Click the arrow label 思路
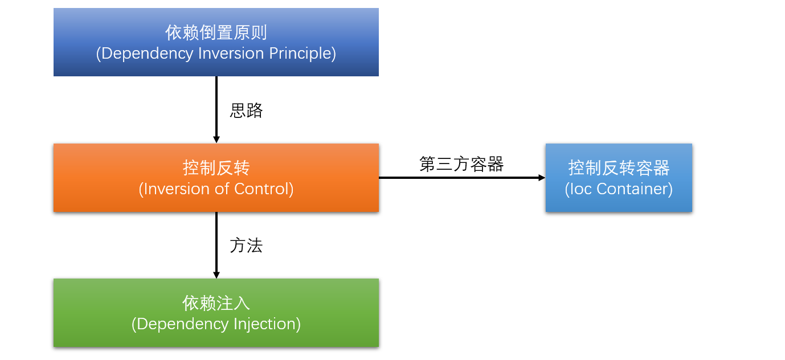[246, 111]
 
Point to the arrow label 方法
[246, 246]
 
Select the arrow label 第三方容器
[461, 164]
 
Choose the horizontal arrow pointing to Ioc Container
[461, 178]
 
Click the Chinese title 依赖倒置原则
[216, 32]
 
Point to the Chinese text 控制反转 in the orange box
[216, 168]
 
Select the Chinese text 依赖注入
[216, 303]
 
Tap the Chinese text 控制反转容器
[619, 167]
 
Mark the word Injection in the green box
[265, 324]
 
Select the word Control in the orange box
[265, 189]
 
